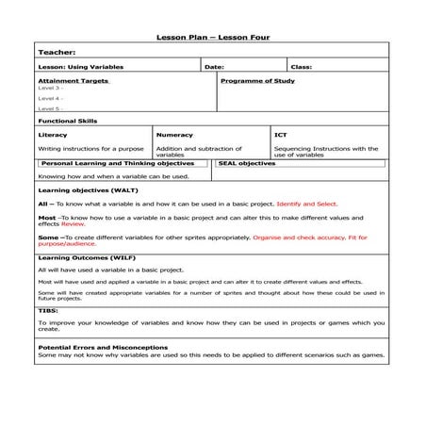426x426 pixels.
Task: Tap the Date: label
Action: tap(214, 67)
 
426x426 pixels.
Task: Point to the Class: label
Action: tap(302, 67)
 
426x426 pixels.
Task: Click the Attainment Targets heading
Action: tap(72, 81)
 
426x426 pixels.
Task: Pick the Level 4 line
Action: tap(50, 98)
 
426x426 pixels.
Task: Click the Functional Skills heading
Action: tap(67, 121)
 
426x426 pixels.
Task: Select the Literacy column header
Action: tap(53, 135)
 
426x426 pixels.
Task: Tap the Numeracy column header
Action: tap(174, 135)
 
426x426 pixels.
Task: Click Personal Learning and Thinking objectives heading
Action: tap(117, 163)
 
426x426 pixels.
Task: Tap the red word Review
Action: tap(74, 225)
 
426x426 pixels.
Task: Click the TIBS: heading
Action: tap(48, 311)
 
